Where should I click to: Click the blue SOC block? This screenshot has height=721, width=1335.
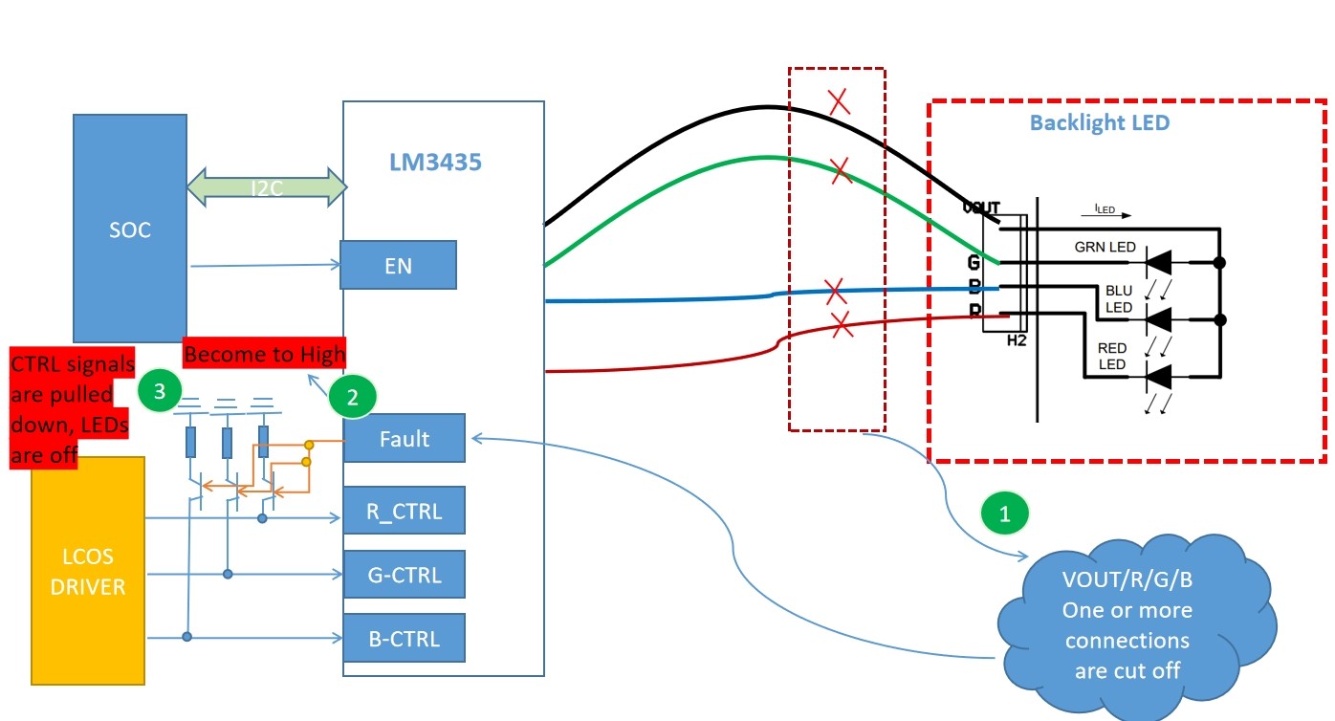(130, 229)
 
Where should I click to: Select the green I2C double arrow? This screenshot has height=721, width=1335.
(267, 186)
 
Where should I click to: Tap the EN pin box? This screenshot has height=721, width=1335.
(398, 265)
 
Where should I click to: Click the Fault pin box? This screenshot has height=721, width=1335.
(404, 439)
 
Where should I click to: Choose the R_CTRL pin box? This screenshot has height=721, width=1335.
(404, 511)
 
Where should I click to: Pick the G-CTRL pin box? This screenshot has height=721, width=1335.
(404, 575)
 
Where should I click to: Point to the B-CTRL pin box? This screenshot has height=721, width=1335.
(404, 638)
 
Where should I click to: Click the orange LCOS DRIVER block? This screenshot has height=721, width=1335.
(88, 571)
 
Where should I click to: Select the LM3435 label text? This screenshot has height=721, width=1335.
(435, 163)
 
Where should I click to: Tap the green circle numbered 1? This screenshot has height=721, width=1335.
(1004, 513)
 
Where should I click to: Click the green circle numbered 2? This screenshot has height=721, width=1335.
(352, 398)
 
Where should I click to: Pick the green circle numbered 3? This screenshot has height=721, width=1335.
(160, 391)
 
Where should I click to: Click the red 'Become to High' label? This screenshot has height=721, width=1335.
(264, 354)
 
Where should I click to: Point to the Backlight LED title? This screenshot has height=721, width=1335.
(1100, 123)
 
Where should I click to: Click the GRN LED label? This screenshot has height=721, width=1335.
(1105, 248)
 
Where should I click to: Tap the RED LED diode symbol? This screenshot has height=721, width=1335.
(1159, 377)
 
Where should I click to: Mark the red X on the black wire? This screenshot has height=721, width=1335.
(840, 102)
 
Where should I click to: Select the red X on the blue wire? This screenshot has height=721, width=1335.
(835, 289)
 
